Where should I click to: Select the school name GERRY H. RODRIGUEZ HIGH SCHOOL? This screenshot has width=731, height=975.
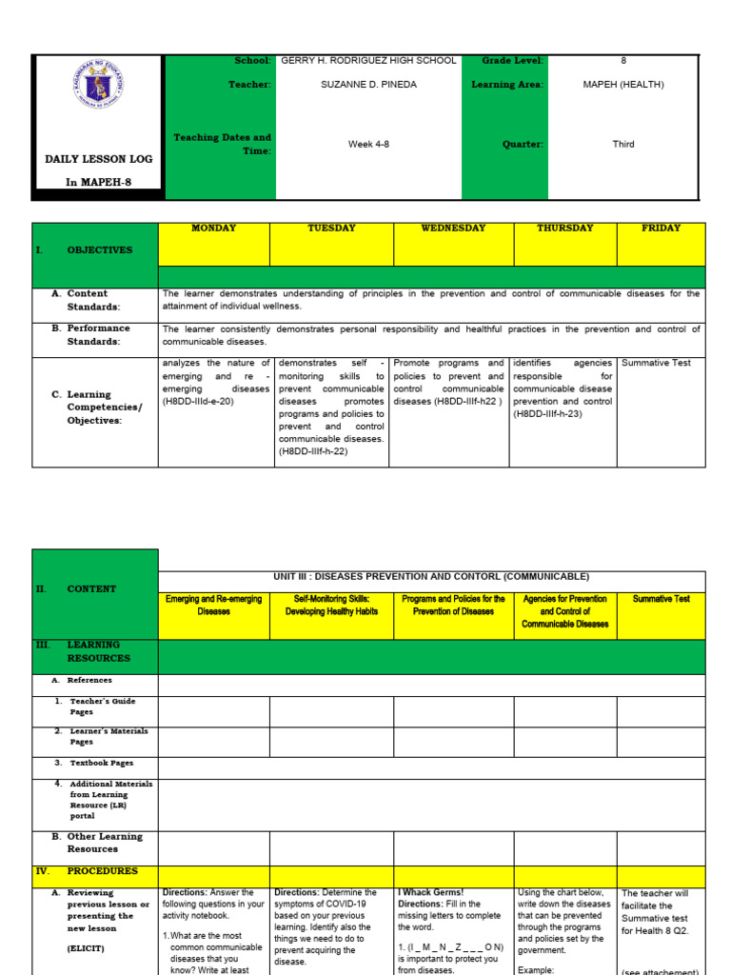[x=368, y=60]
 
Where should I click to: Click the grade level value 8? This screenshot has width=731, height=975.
[x=623, y=60]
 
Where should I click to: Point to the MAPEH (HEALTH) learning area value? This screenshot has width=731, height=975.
[x=623, y=85]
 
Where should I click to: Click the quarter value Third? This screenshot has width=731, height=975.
[x=623, y=145]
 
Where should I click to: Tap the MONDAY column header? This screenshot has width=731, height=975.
[x=214, y=229]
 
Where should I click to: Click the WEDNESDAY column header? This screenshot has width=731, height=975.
[x=453, y=229]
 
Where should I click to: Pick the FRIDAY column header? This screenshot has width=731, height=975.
[x=661, y=229]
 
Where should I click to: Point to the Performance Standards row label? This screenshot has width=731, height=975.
[x=98, y=334]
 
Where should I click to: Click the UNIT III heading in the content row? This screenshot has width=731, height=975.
[x=431, y=577]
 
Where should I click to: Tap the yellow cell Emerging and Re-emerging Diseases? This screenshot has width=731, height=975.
[x=213, y=605]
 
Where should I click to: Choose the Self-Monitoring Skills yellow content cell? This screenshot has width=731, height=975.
[x=331, y=605]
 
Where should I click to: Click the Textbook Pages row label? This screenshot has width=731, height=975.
[x=101, y=763]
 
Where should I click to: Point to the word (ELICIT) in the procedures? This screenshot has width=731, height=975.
[x=86, y=949]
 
